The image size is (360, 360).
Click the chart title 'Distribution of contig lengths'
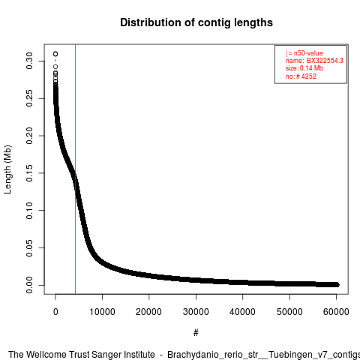point(196,22)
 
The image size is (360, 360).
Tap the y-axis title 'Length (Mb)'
point(7,169)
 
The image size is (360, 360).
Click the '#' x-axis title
point(196,333)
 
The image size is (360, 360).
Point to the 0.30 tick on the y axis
point(29,61)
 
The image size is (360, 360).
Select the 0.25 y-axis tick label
point(29,98)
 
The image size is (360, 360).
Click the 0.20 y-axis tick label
point(29,136)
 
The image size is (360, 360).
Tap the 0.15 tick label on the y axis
point(29,173)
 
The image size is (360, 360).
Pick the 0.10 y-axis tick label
point(29,210)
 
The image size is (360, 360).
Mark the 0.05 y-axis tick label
point(29,247)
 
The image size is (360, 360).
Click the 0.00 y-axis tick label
point(29,285)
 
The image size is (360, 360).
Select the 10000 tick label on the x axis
point(102,312)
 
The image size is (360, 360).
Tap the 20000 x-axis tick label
point(149,312)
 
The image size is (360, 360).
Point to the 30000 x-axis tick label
point(196,312)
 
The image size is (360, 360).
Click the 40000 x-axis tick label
point(242,312)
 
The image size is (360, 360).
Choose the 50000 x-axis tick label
point(289,312)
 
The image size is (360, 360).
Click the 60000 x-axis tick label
point(336,312)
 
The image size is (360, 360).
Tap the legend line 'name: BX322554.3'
point(314,61)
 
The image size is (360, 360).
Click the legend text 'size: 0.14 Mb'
point(304,68)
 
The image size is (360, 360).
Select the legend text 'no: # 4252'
point(301,76)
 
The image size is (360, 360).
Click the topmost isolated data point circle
point(55,54)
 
